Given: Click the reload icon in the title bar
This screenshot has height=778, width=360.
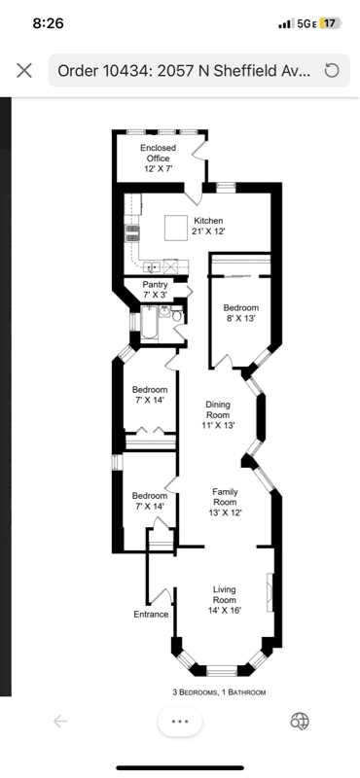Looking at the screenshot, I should (331, 70).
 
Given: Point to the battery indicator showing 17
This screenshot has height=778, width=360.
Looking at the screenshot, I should (330, 23).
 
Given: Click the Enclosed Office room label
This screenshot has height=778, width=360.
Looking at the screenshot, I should (157, 159).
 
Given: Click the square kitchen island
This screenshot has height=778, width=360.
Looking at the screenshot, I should (175, 227).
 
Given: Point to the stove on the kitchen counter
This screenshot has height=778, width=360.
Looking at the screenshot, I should (132, 232).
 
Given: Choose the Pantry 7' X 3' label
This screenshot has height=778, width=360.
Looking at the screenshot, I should (156, 289).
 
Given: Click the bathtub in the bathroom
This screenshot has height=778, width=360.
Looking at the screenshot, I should (148, 323).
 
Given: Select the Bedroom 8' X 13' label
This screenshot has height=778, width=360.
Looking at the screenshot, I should (240, 314).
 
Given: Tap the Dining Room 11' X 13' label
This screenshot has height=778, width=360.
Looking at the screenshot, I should (218, 414).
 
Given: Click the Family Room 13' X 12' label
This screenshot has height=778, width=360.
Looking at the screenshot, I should (225, 502).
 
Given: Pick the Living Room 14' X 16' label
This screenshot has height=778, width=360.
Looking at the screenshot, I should (225, 600).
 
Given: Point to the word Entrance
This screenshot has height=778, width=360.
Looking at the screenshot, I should (151, 615).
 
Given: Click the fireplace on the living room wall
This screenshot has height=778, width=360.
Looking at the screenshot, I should (270, 589).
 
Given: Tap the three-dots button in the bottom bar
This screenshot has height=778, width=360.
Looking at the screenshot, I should (179, 721).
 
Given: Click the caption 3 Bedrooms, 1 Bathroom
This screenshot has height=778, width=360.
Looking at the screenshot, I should (218, 692).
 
